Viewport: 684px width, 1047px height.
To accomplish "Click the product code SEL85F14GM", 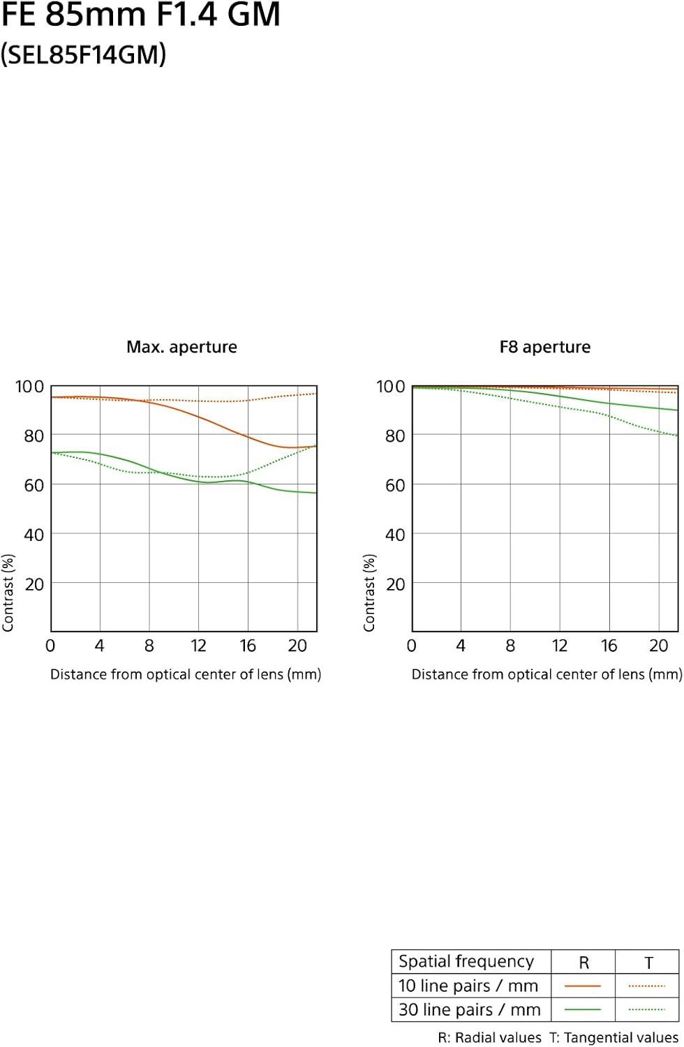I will pyautogui.click(x=83, y=54).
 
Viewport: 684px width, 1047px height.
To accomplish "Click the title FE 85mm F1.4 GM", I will pyautogui.click(x=140, y=15).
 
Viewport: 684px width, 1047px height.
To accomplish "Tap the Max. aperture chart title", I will pyautogui.click(x=181, y=347).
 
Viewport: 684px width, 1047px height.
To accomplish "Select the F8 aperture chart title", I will pyautogui.click(x=544, y=347).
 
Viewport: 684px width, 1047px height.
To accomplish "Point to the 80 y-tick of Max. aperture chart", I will pyautogui.click(x=34, y=436).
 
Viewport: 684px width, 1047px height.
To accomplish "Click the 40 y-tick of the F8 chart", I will pyautogui.click(x=395, y=535).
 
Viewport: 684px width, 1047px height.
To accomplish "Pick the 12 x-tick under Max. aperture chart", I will pyautogui.click(x=198, y=646).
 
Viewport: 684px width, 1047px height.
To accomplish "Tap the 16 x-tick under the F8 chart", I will pyautogui.click(x=609, y=646).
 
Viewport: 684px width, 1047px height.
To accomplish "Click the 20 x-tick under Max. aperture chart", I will pyautogui.click(x=297, y=646).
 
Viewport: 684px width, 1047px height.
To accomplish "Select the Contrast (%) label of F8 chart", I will pyautogui.click(x=369, y=593).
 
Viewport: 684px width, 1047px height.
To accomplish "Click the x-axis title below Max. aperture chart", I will pyautogui.click(x=186, y=674).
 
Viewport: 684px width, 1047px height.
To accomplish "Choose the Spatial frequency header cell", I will pyautogui.click(x=466, y=961).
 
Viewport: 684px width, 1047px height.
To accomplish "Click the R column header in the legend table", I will pyautogui.click(x=583, y=963).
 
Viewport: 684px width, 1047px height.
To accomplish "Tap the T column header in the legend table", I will pyautogui.click(x=648, y=963).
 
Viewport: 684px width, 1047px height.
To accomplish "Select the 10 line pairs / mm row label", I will pyautogui.click(x=468, y=986).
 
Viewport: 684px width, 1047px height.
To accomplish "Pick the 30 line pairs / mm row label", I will pyautogui.click(x=469, y=1009).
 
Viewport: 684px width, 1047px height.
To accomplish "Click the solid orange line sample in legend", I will pyautogui.click(x=583, y=986).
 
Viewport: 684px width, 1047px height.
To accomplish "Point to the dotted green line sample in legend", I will pyautogui.click(x=647, y=1009).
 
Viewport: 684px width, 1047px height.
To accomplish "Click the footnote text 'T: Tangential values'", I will pyautogui.click(x=614, y=1037).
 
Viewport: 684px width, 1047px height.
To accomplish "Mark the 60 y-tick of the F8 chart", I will pyautogui.click(x=395, y=485).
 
